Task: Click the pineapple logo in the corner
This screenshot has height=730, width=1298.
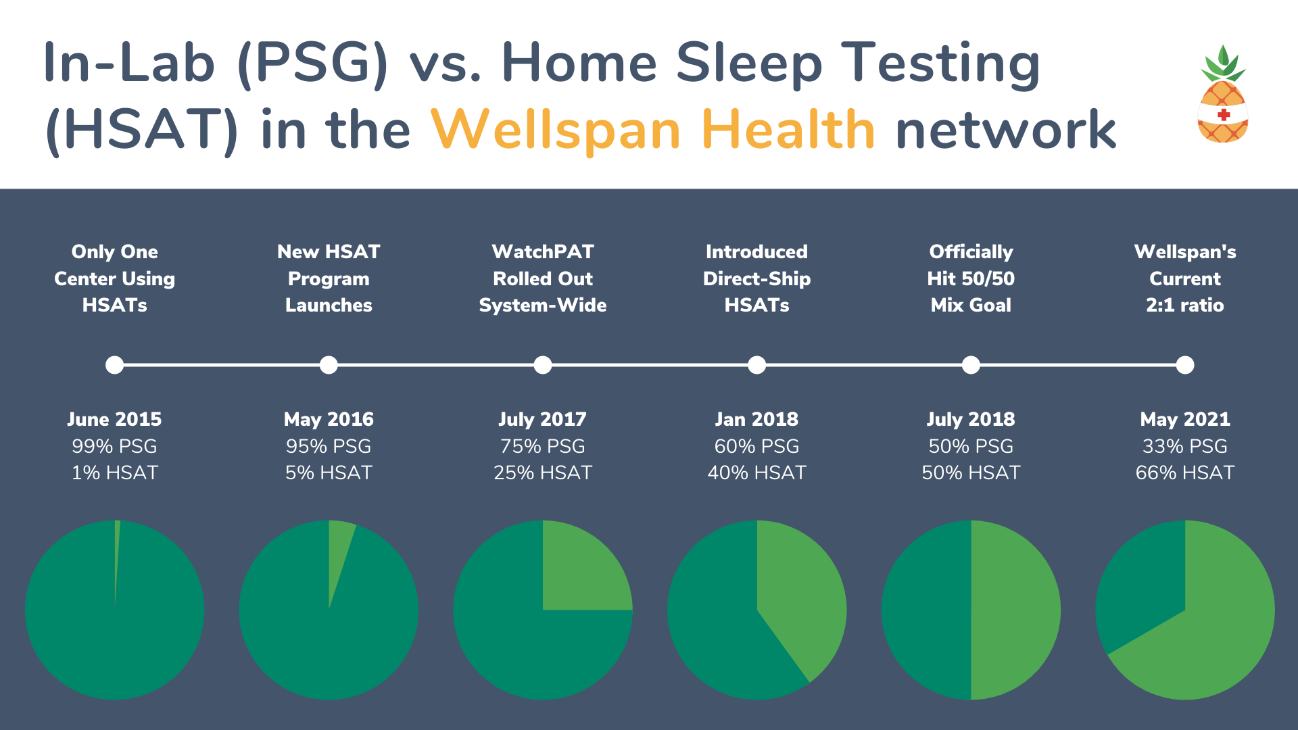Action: point(1223,94)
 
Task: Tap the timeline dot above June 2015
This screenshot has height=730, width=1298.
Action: point(115,365)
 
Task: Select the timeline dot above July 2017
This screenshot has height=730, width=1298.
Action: point(543,365)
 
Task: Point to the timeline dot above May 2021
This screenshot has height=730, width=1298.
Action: point(1185,365)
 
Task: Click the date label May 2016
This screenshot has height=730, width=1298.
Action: point(329,420)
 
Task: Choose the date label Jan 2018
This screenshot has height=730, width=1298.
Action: point(756,420)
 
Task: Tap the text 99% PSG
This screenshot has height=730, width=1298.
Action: point(114,446)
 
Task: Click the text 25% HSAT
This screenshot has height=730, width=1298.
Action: point(543,472)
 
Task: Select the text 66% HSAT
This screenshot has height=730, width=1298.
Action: point(1185,472)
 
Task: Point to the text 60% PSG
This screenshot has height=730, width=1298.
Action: point(756,446)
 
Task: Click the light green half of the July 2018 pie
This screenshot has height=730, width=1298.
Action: point(1014,610)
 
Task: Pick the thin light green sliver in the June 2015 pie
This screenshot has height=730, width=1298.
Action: point(117,554)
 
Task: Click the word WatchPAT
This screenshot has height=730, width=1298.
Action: point(543,251)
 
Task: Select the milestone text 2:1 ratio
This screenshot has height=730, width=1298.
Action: point(1185,306)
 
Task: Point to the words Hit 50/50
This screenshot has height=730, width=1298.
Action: point(971,278)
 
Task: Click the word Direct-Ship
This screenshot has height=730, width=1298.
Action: point(756,278)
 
